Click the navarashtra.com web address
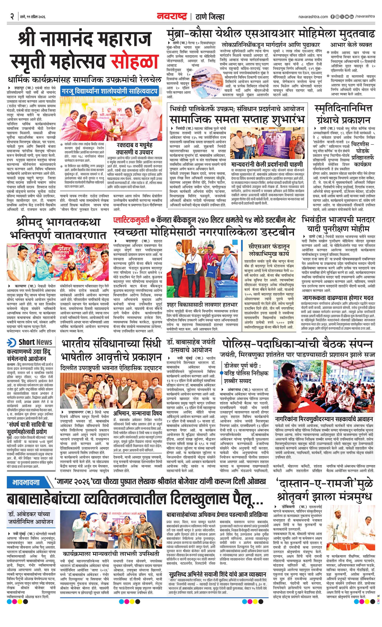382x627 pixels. (x=313, y=17)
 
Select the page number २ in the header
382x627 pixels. (x=12, y=17)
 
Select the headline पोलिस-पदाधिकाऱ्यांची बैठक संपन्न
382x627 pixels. (x=297, y=344)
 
